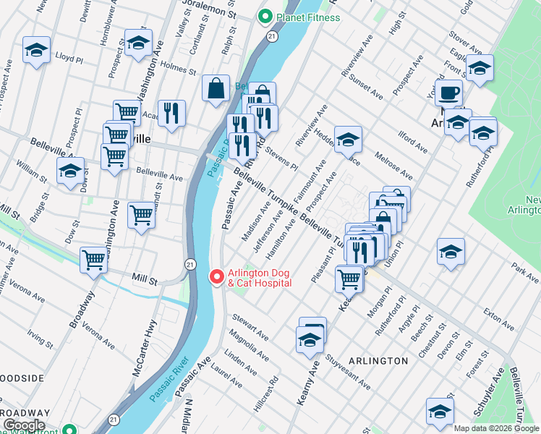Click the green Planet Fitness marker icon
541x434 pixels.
coord(265,17)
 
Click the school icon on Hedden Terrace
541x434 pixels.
coord(348,137)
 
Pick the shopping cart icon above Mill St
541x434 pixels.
coord(94,260)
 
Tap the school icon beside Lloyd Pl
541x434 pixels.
coord(36,50)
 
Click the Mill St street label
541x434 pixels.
coord(144,277)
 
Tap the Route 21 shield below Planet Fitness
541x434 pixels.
coord(270,35)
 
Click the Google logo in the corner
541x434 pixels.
coord(23,425)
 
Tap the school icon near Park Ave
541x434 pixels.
coord(451,252)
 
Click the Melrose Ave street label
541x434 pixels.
coord(393,166)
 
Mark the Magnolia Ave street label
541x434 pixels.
coord(248,341)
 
